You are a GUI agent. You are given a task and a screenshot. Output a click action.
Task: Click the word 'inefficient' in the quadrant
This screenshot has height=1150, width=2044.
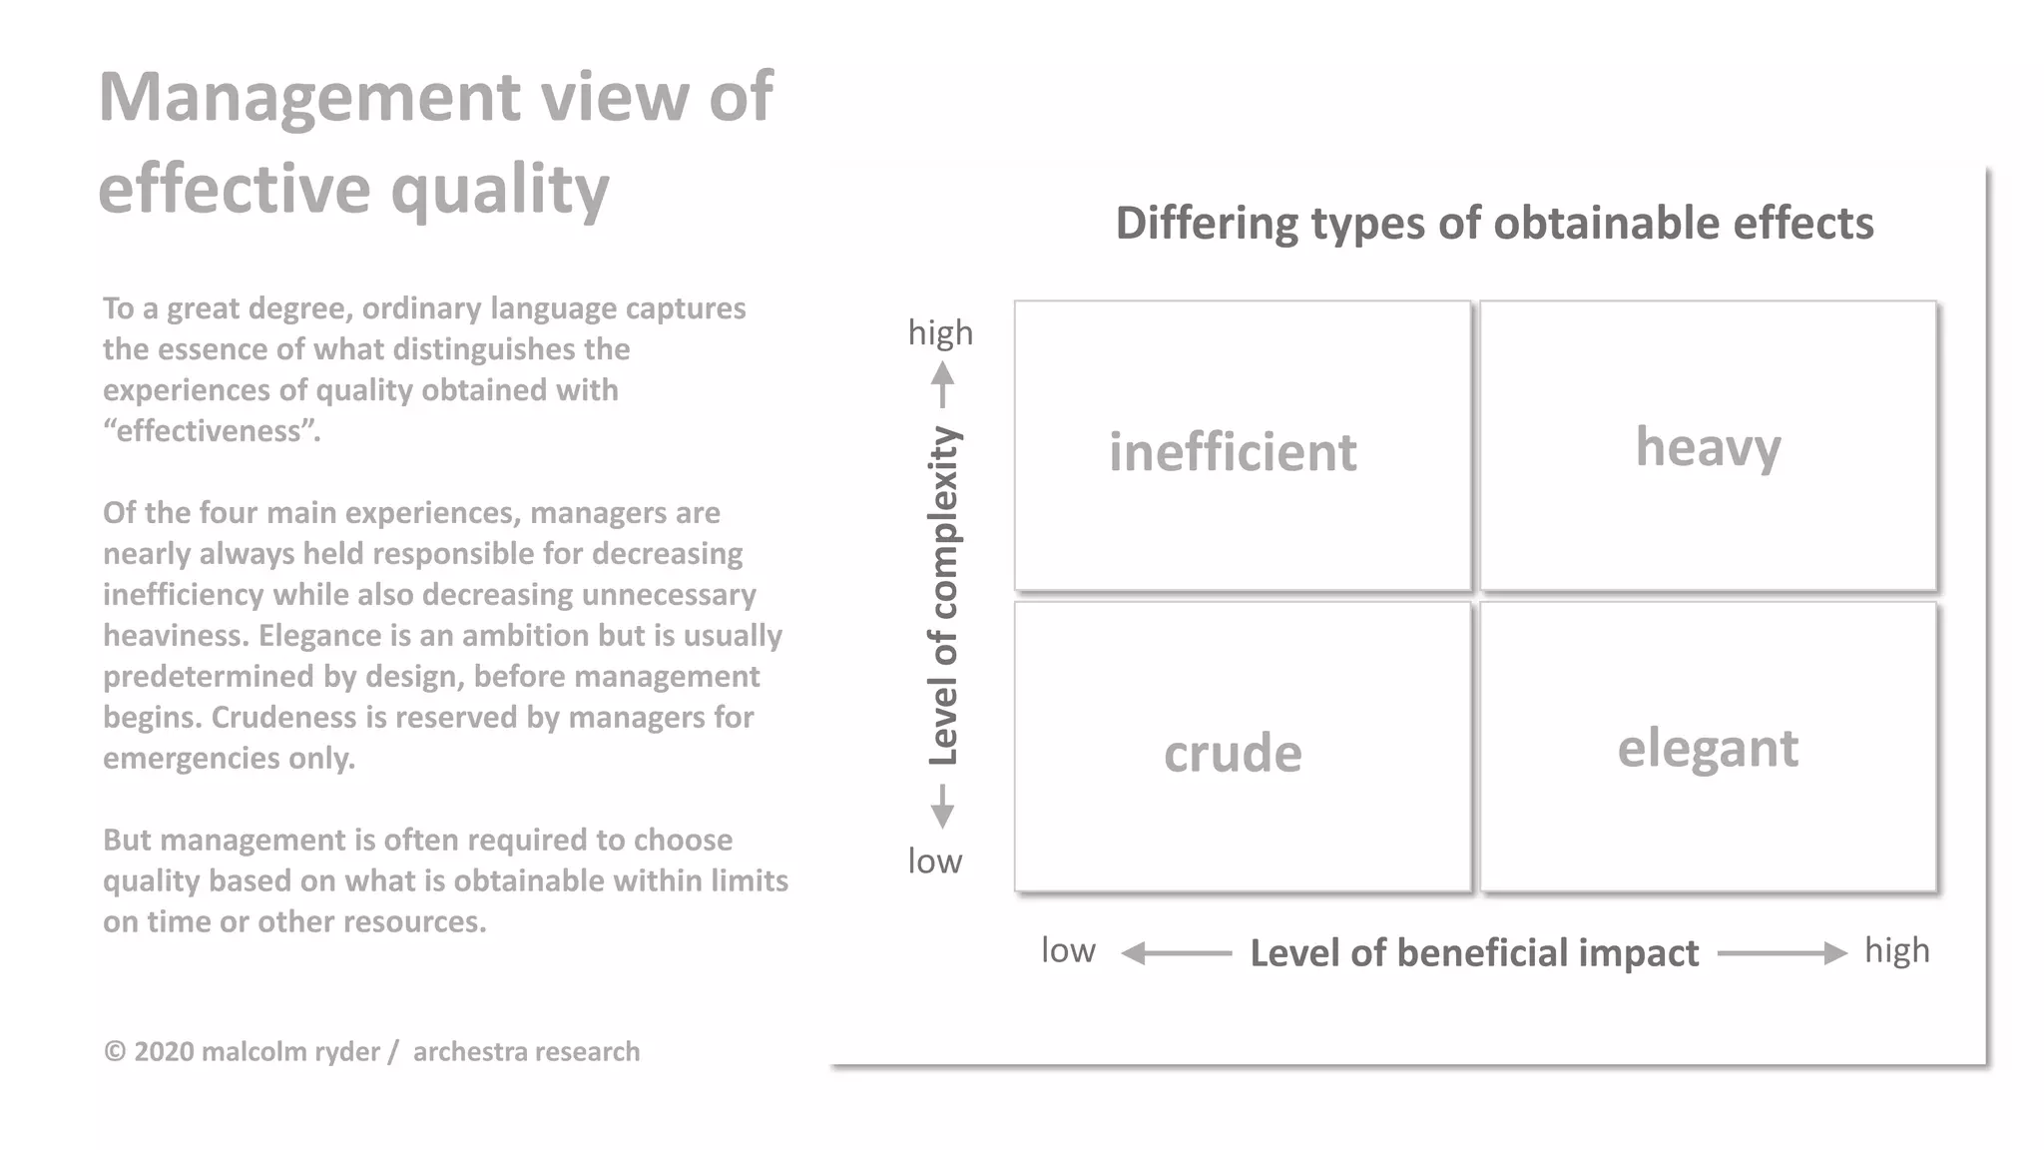click(1233, 452)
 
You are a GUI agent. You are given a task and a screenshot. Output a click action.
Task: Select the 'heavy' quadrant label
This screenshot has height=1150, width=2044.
click(1708, 446)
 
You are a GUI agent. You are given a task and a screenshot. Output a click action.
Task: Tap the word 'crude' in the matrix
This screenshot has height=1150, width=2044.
click(1233, 753)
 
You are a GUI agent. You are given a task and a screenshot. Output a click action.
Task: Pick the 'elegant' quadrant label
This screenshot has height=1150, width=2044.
click(1708, 749)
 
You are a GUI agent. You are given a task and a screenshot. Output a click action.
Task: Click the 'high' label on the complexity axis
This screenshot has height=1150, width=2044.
click(940, 332)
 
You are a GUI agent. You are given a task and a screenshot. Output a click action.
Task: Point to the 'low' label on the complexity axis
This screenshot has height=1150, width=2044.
click(935, 861)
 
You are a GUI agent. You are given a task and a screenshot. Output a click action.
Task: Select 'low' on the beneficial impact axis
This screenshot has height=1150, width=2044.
click(1068, 950)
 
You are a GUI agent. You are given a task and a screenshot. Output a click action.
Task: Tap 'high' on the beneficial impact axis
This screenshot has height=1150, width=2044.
click(1896, 950)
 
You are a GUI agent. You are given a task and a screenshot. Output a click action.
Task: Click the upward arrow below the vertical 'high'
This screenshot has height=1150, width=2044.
click(942, 385)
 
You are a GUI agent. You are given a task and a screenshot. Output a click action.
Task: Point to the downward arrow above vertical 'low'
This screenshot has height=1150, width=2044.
click(942, 807)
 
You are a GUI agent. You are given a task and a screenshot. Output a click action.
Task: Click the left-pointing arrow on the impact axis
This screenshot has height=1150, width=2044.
click(1176, 953)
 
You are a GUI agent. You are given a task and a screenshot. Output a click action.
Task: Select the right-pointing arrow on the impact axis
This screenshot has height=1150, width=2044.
click(1783, 953)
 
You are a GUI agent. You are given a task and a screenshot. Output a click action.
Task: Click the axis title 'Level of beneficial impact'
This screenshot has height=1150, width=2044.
click(1474, 953)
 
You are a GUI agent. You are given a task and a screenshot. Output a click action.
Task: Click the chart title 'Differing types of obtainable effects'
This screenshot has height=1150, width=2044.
click(1494, 223)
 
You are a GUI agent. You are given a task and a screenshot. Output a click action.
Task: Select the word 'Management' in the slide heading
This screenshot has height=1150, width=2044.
click(309, 97)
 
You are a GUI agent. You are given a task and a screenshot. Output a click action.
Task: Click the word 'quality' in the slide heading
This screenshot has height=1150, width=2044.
click(499, 190)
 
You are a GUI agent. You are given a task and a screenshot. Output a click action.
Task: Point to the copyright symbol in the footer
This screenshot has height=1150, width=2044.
click(115, 1051)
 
